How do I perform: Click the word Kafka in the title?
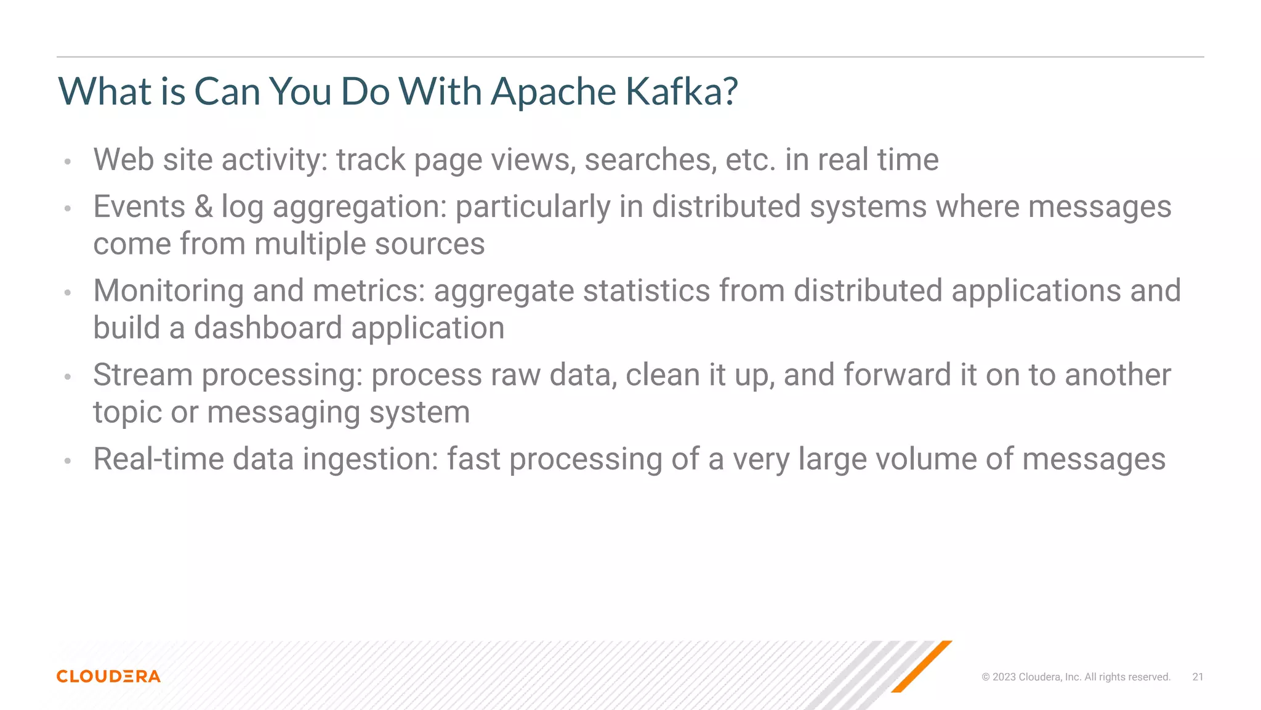tap(681, 91)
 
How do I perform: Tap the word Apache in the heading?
tap(553, 91)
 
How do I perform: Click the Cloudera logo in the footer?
tap(108, 676)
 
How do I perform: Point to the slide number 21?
tap(1198, 677)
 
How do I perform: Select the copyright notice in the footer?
tap(1076, 677)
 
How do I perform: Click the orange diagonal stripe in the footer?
tap(922, 666)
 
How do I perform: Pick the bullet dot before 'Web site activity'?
tap(68, 162)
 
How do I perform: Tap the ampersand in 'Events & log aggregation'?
tap(203, 206)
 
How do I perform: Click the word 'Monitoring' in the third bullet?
tap(168, 291)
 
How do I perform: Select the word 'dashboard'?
tap(268, 328)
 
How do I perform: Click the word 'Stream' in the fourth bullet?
tap(143, 375)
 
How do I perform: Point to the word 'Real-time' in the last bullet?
tap(158, 459)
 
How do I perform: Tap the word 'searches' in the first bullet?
tap(650, 160)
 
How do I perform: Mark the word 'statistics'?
tap(647, 291)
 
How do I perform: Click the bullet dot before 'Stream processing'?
tap(68, 377)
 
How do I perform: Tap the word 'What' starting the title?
tap(105, 91)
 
